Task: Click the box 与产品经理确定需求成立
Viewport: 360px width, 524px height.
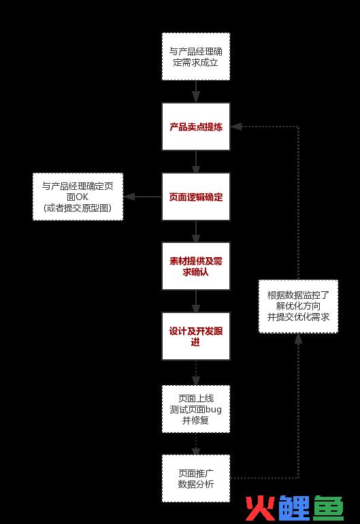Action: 196,56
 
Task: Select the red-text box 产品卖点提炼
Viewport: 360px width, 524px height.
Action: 196,127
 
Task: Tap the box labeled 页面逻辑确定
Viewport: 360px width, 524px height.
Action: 196,197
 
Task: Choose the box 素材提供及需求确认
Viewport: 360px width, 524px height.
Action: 196,266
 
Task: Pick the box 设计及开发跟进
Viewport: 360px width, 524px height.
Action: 196,336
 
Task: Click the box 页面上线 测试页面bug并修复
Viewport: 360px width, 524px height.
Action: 196,409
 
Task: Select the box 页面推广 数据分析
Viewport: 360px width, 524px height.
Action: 196,478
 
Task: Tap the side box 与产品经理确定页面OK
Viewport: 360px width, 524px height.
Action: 78,197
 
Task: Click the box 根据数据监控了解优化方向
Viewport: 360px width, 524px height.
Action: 299,306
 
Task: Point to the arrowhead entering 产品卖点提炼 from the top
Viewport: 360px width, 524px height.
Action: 196,97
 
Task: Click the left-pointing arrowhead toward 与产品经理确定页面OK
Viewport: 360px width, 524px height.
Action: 129,197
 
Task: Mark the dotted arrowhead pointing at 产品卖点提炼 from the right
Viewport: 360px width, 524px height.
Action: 236,127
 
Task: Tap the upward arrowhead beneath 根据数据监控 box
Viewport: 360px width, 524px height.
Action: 299,339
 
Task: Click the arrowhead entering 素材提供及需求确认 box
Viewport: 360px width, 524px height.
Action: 196,238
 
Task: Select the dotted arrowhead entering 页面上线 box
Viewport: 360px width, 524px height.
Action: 196,380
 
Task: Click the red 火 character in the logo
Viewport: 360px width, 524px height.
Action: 261,508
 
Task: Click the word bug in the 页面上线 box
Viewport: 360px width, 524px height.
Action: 213,410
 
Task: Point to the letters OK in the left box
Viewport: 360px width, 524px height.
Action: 82,197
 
